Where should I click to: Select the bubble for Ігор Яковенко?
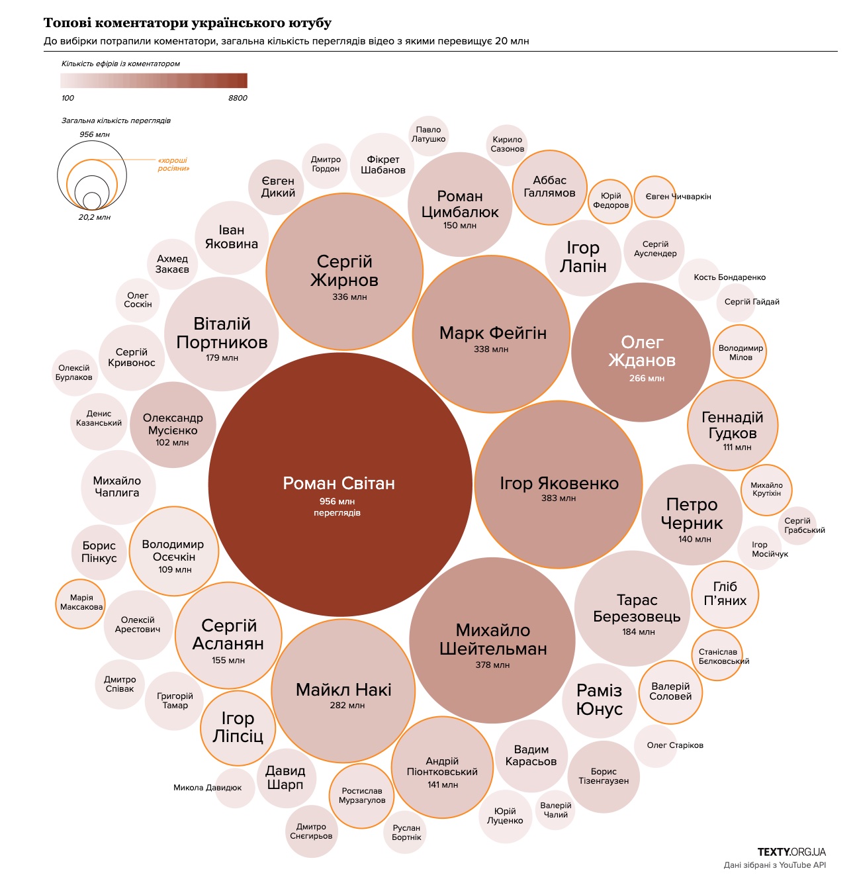point(559,485)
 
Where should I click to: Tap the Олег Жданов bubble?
point(641,352)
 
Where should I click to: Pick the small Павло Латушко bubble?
point(428,134)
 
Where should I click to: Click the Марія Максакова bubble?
point(81,602)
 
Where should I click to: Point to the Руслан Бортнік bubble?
point(406,833)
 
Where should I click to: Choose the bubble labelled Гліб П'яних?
point(725,594)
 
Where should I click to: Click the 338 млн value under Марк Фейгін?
point(491,349)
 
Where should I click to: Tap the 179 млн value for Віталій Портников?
point(222,358)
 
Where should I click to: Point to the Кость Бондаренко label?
point(729,277)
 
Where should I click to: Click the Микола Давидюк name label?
point(207,788)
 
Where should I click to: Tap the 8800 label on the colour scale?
point(238,98)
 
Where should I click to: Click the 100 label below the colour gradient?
point(67,98)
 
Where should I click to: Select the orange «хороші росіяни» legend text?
point(173,164)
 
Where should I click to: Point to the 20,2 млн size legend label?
point(95,217)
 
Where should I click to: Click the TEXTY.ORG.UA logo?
point(791,852)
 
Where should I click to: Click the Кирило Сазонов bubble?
point(508,144)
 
